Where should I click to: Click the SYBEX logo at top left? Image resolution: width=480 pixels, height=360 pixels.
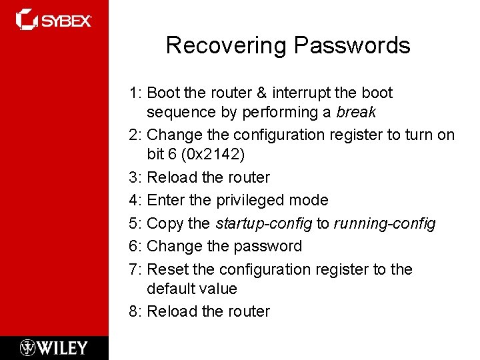coord(53,20)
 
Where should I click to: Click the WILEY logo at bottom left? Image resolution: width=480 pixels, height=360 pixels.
coord(53,347)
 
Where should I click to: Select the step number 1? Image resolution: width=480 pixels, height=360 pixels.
coord(136,93)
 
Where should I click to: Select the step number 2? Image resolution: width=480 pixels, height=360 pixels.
coord(136,135)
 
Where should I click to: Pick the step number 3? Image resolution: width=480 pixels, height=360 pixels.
coord(136,177)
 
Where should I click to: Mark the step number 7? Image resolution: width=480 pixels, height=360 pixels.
coord(136,269)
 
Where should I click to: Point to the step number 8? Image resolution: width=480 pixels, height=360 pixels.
coord(136,311)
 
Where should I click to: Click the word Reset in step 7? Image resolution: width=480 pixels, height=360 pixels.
coord(167,269)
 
